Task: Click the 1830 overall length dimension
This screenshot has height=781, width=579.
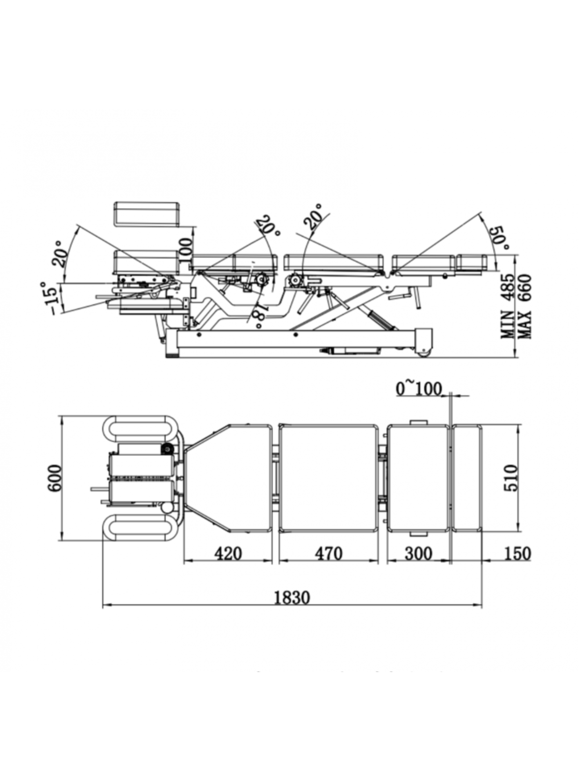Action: pyautogui.click(x=292, y=597)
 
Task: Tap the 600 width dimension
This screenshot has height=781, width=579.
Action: pyautogui.click(x=55, y=478)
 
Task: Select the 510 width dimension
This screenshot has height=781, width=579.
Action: pyautogui.click(x=510, y=478)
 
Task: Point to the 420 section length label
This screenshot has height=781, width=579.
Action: pyautogui.click(x=228, y=553)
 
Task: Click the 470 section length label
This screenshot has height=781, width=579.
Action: pyautogui.click(x=328, y=553)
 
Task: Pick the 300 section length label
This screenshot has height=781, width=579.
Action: pyautogui.click(x=418, y=553)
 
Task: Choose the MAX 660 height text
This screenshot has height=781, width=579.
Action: pyautogui.click(x=524, y=306)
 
